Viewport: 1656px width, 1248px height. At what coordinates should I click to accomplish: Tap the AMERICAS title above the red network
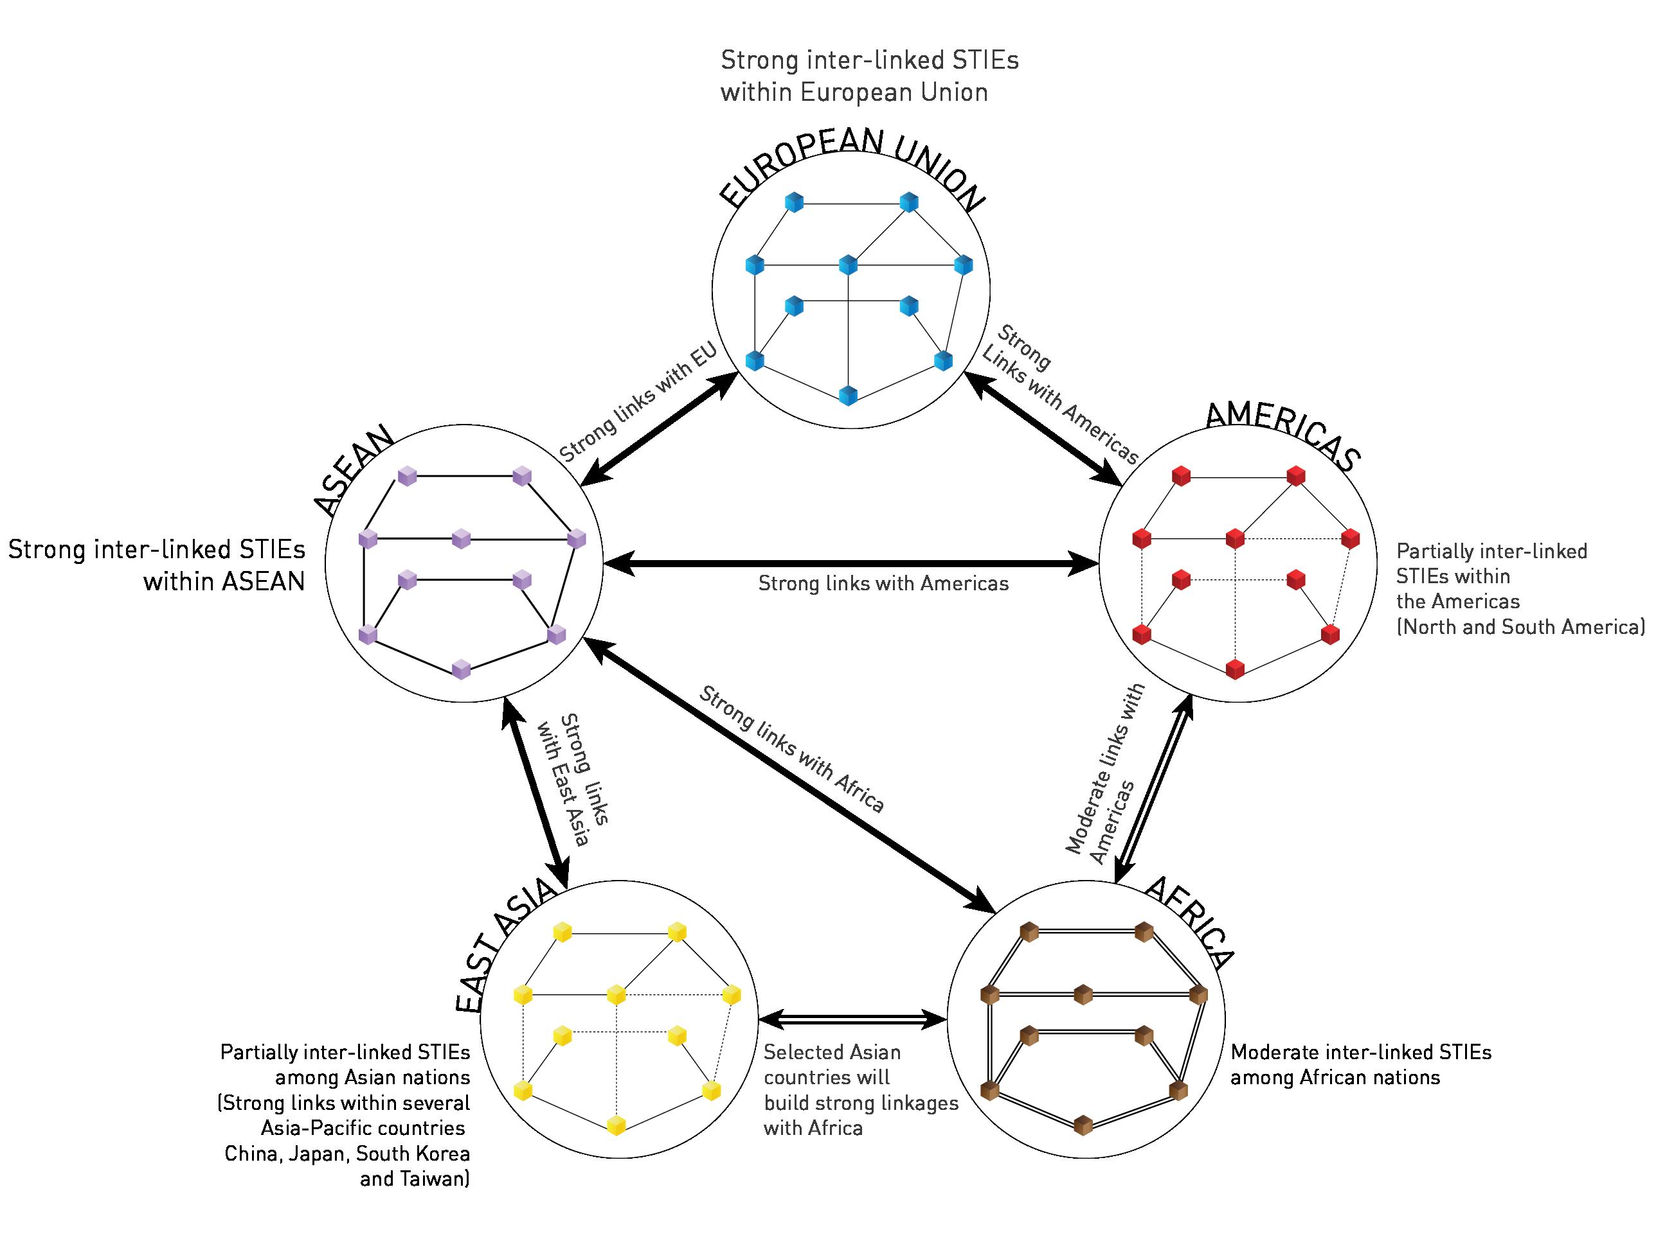[1282, 434]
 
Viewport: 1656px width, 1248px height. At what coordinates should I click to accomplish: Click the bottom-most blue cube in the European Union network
[847, 396]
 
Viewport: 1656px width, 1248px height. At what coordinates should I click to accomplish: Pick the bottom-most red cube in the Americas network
[1236, 669]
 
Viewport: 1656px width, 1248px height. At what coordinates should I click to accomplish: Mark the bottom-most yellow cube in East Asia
[616, 1125]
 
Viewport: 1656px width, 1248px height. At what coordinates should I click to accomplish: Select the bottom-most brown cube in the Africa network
[1083, 1125]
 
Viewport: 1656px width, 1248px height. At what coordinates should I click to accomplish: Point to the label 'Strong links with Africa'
[791, 749]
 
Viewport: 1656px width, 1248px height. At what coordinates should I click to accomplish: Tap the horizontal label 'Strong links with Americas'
[883, 584]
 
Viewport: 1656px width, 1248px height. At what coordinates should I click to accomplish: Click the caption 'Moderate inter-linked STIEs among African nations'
[1360, 1065]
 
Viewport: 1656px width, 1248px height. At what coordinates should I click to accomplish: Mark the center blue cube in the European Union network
[847, 265]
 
